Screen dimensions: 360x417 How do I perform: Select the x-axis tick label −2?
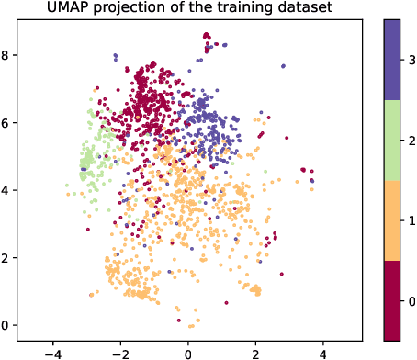point(119,352)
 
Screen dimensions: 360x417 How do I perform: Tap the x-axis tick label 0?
point(187,352)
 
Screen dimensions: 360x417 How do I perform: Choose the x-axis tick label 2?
point(255,352)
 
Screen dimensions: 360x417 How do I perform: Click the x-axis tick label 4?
point(323,352)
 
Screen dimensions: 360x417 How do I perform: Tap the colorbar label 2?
point(411,141)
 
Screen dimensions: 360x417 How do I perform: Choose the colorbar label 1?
point(411,220)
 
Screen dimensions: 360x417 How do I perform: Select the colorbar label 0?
point(411,300)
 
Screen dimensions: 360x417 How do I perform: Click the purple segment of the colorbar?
point(390,61)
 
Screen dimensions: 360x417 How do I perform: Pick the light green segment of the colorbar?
point(390,141)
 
